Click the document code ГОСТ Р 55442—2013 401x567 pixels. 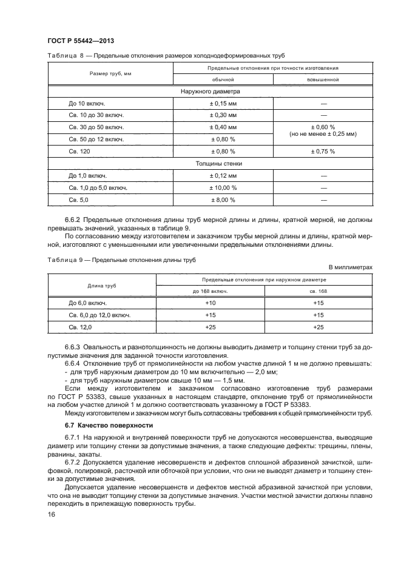[81, 41]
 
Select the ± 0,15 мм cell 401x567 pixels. [223, 103]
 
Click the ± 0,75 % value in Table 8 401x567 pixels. [323, 151]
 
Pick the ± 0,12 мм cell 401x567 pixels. [223, 175]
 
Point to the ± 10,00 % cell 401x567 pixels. [223, 187]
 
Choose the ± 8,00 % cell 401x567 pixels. [223, 200]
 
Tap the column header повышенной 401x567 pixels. [323, 79]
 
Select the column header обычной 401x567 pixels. [223, 79]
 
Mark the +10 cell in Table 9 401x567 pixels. [211, 303]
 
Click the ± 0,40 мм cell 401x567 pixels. [223, 127]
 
